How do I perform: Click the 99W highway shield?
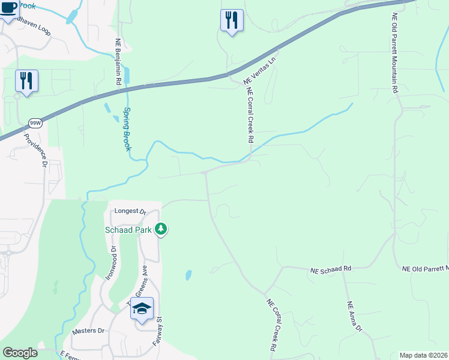34,123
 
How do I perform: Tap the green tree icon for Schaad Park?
161,229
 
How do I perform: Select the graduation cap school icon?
142,309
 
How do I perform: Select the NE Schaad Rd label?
331,270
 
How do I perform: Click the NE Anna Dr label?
355,316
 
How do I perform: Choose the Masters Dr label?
88,331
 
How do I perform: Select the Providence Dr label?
35,149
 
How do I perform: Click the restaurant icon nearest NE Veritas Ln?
232,20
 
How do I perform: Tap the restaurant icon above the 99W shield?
26,80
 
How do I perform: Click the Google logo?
20,353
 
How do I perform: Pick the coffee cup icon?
8,8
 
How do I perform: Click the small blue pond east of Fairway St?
188,275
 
